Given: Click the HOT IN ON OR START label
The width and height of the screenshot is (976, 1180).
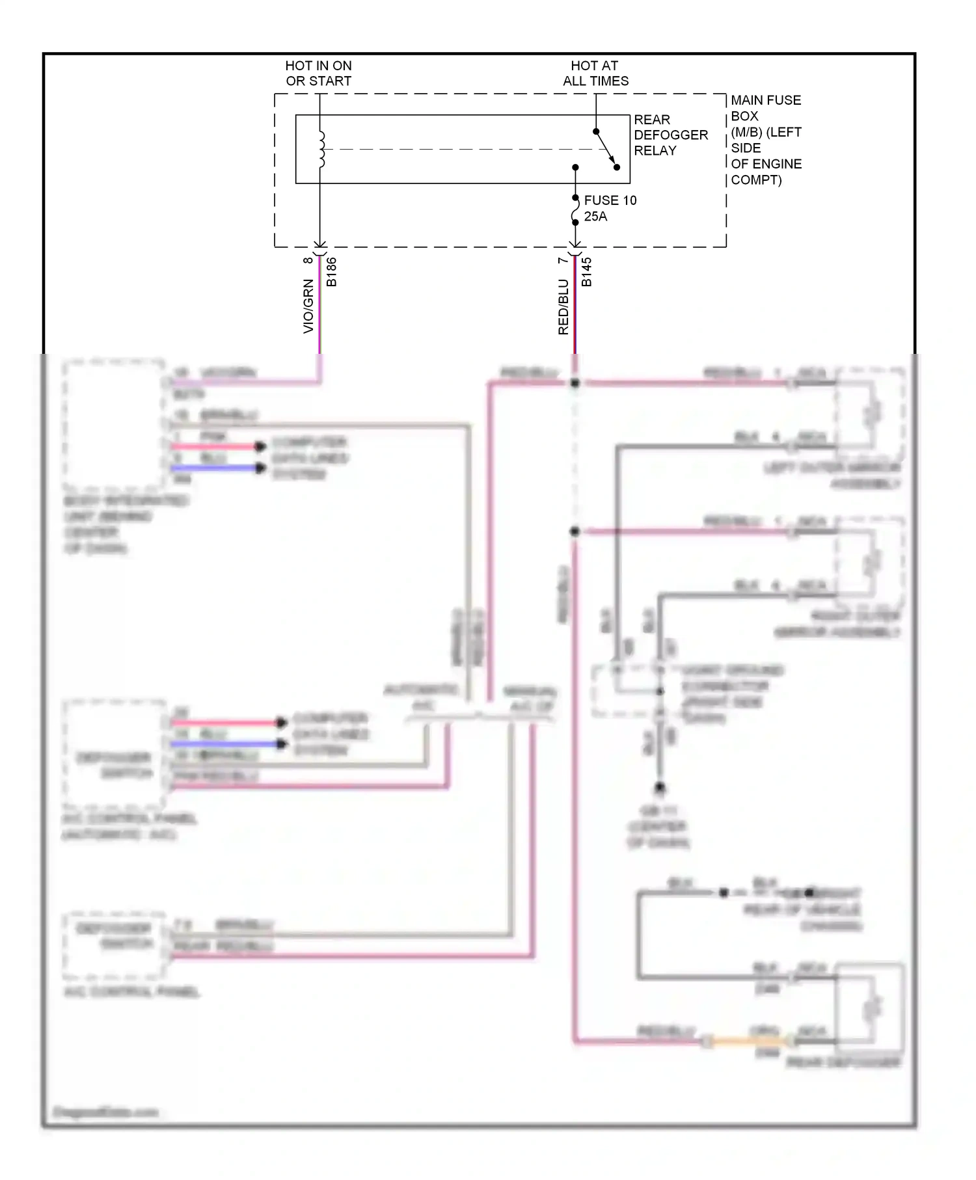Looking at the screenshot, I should [x=318, y=74].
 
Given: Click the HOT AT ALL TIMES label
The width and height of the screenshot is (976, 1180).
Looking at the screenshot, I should [x=595, y=74].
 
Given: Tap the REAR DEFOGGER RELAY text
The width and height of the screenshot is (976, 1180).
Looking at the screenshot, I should [x=670, y=135].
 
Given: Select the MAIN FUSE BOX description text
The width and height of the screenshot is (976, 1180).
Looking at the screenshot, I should [x=765, y=140].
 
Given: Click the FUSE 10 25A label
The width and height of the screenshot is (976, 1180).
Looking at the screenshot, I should [x=609, y=208].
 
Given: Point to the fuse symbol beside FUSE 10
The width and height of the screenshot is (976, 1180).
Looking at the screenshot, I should [x=575, y=210].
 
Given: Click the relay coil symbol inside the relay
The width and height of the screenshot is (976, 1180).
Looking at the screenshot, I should [x=321, y=150].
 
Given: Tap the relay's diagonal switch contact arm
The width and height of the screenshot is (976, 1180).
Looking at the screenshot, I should [x=606, y=149].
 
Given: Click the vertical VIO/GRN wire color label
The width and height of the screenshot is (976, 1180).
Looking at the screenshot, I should [x=308, y=306].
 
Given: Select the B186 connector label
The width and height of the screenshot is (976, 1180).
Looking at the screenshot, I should [x=332, y=272].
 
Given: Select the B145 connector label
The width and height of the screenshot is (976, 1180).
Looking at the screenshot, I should [x=586, y=272].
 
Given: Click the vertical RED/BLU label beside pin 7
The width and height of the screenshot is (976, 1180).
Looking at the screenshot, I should [x=563, y=307].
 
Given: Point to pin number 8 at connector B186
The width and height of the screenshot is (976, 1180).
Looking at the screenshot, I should [x=308, y=261].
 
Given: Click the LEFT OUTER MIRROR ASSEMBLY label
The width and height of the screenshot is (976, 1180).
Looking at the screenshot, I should [x=833, y=476].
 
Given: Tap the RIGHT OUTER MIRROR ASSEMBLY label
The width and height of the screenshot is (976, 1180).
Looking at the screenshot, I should [x=837, y=624].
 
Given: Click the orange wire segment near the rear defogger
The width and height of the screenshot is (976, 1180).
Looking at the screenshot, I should [x=748, y=1042].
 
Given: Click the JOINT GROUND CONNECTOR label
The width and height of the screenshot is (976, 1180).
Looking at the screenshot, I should [x=731, y=693].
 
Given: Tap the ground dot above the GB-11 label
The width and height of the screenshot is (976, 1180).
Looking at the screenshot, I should [x=659, y=788].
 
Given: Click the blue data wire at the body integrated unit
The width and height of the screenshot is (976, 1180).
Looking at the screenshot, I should [x=215, y=468].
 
